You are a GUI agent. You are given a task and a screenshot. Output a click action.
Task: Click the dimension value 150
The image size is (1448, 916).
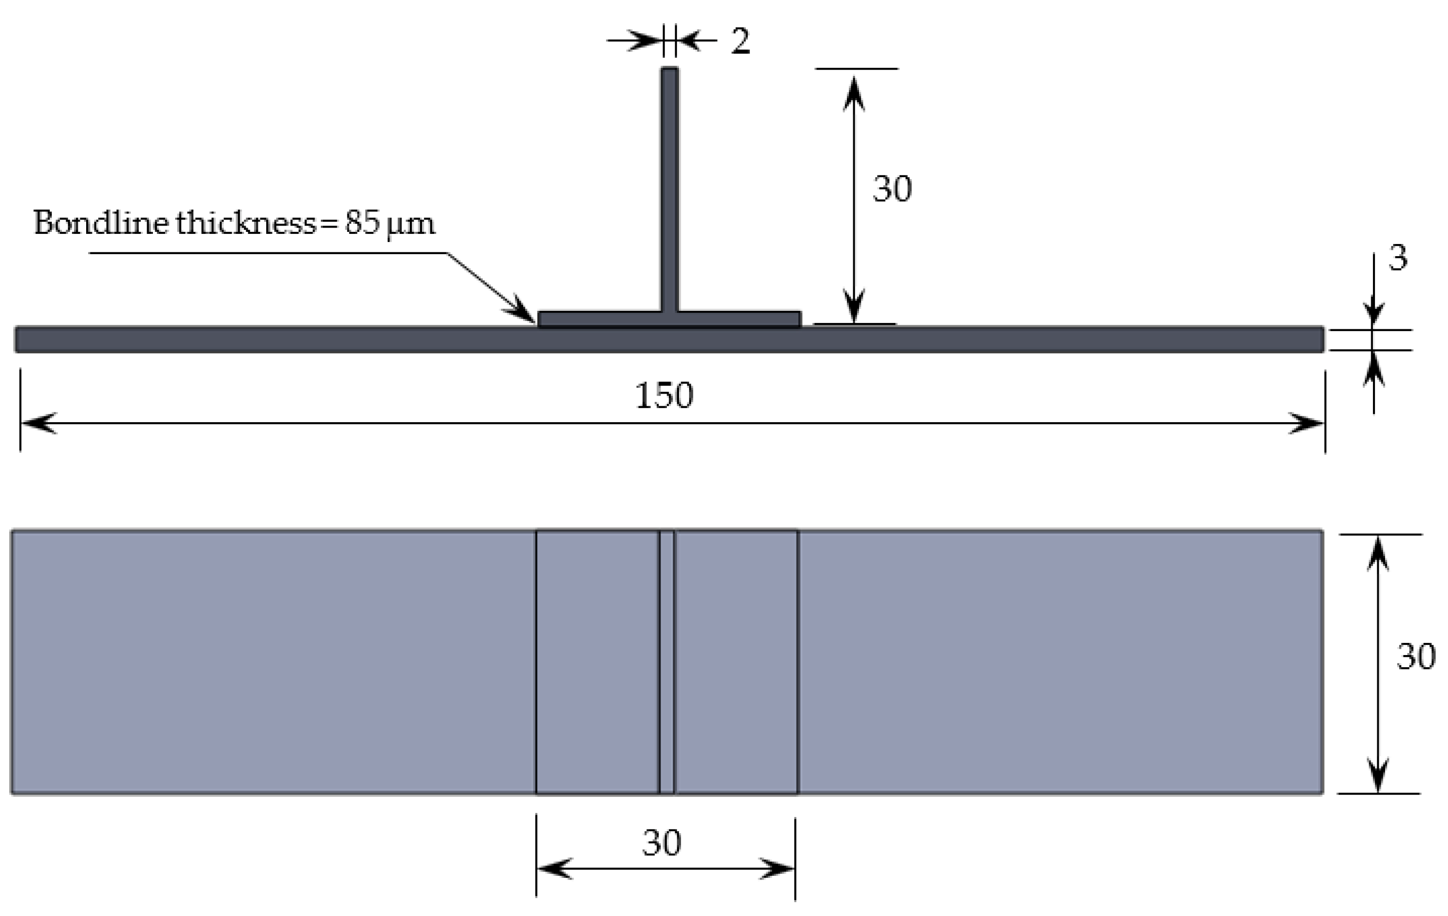click(x=664, y=396)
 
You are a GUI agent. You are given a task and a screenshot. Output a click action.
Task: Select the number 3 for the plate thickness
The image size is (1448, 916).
click(x=1398, y=258)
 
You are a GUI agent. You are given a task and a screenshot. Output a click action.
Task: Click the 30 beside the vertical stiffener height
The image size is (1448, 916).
click(x=892, y=189)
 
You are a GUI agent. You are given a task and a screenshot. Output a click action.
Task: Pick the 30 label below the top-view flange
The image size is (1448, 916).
click(x=662, y=842)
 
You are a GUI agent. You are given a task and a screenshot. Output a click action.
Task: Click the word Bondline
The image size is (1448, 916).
click(x=101, y=223)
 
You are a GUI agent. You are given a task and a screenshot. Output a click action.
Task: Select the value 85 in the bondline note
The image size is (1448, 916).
click(x=362, y=223)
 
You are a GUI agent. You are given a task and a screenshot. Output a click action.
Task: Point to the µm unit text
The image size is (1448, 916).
click(x=411, y=224)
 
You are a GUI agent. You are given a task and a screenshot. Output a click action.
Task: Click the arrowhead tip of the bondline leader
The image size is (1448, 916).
click(x=534, y=322)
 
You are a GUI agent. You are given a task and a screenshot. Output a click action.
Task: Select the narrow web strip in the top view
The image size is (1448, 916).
click(x=667, y=662)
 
